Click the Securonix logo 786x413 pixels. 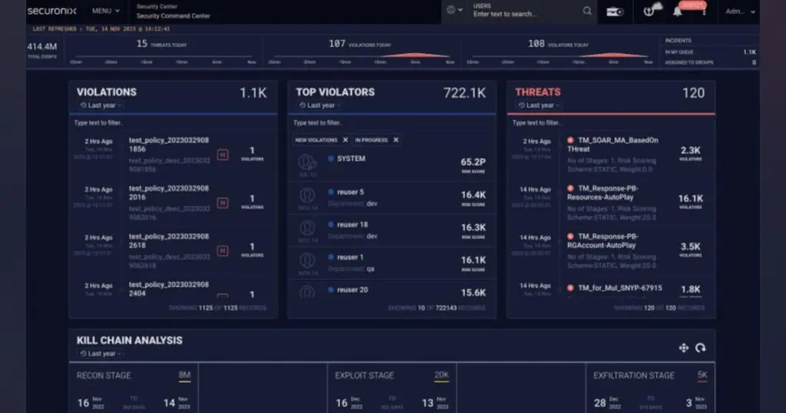click(x=51, y=11)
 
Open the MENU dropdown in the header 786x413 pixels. click(x=106, y=12)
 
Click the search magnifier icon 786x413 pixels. click(x=587, y=11)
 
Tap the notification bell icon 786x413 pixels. click(x=677, y=12)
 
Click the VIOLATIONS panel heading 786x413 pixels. click(x=107, y=92)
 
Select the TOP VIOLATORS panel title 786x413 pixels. click(x=335, y=92)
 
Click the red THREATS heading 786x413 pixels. click(x=537, y=92)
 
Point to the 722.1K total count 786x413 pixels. click(x=464, y=93)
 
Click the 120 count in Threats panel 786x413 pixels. click(x=693, y=93)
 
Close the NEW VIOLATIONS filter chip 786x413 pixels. click(x=345, y=140)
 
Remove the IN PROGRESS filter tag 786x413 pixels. click(x=396, y=140)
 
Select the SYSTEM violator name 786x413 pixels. click(x=351, y=159)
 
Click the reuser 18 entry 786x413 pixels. click(x=352, y=224)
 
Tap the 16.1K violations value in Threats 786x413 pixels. click(x=690, y=199)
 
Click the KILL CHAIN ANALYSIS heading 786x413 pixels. click(x=130, y=340)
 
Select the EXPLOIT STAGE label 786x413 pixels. click(x=365, y=375)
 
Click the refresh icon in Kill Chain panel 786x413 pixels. click(x=700, y=348)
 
